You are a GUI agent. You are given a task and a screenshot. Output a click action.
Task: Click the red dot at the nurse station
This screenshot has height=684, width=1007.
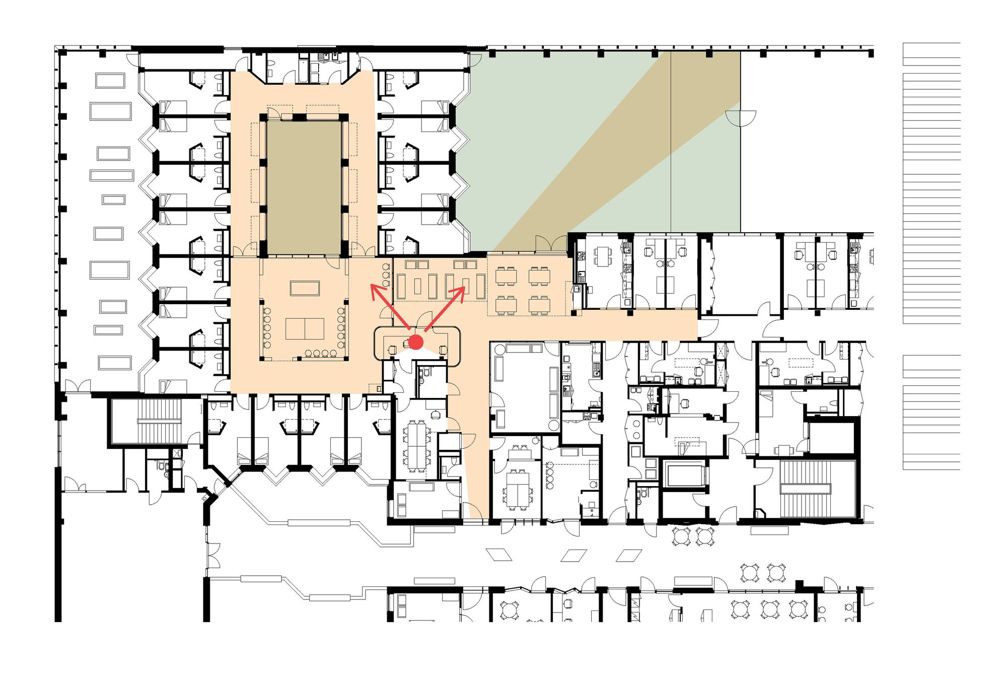click(416, 343)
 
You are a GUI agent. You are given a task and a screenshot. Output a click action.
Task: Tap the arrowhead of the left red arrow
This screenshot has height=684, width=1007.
click(374, 288)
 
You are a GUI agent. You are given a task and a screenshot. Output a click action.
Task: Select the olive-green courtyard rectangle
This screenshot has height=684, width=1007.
click(304, 187)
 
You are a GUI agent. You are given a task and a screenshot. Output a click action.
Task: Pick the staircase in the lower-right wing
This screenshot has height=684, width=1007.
click(805, 488)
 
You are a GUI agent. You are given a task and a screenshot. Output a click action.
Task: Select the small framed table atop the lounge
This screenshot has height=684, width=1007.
click(305, 288)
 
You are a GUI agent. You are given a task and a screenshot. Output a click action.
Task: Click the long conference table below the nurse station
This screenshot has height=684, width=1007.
click(417, 446)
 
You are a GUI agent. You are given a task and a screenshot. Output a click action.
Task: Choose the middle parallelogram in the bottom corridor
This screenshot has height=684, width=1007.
click(573, 556)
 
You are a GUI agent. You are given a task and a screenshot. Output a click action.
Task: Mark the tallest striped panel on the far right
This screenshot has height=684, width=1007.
click(931, 198)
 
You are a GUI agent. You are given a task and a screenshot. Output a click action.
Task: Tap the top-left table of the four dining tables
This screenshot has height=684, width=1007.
click(506, 276)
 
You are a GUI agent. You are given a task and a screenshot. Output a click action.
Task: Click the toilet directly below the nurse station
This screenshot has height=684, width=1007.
click(426, 373)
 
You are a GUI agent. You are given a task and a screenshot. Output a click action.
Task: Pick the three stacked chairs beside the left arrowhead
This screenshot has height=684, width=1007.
click(386, 275)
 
